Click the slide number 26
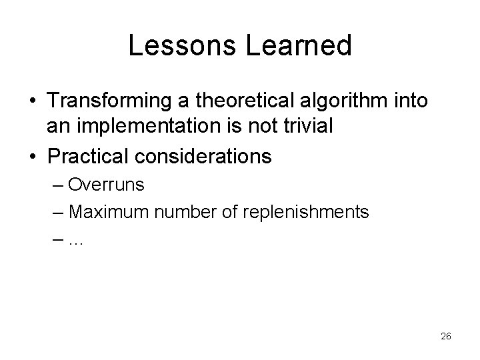446,337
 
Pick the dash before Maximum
57,213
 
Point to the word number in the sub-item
183,213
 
